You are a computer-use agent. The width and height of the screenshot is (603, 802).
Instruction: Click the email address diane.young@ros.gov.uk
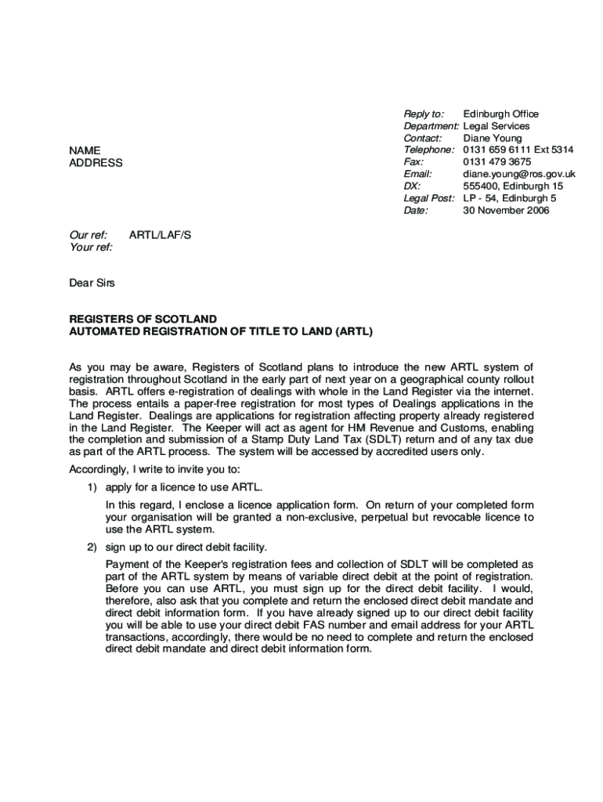click(x=518, y=174)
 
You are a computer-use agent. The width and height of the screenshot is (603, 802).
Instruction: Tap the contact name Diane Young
click(x=492, y=138)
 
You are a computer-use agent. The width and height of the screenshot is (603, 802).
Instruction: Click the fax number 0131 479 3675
click(x=496, y=161)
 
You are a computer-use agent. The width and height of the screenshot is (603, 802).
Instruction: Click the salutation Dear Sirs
click(x=92, y=283)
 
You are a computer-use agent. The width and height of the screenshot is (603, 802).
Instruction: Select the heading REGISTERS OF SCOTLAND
click(x=143, y=320)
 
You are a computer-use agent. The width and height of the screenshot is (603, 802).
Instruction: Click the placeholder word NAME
click(x=85, y=150)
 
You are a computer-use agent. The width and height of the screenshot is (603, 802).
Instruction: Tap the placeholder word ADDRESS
click(x=96, y=163)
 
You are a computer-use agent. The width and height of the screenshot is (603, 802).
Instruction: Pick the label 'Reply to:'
click(x=424, y=114)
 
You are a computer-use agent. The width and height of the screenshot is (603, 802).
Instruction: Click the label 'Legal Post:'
click(x=428, y=198)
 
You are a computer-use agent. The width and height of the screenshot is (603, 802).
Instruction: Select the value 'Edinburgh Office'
click(x=500, y=114)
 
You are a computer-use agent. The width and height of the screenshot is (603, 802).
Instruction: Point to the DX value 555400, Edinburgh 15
click(x=512, y=186)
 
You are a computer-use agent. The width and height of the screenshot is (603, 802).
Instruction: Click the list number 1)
click(x=92, y=487)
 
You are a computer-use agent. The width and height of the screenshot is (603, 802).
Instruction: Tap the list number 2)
click(x=92, y=547)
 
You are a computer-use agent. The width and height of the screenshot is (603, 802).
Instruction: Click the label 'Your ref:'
click(x=91, y=247)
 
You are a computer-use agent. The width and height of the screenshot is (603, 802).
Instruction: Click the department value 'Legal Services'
click(x=496, y=126)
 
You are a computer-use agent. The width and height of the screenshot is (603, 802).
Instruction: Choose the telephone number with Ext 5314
click(x=518, y=150)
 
